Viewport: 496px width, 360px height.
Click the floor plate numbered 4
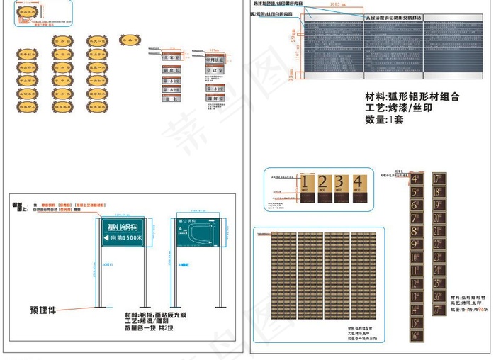(x=417, y=179)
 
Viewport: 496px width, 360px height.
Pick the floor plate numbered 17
(x=439, y=179)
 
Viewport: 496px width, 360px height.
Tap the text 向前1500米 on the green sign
(x=122, y=239)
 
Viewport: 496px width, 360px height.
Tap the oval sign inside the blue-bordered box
(x=29, y=13)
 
